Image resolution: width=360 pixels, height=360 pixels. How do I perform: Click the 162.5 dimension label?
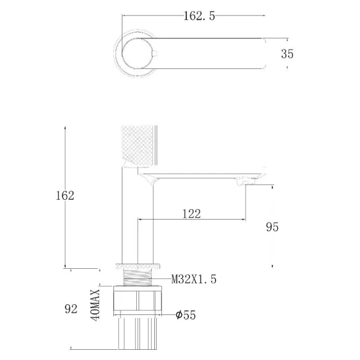tap(200, 16)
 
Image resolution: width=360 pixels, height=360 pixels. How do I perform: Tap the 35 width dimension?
tap(287, 54)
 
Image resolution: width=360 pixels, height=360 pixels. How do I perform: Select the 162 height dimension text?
tap(65, 196)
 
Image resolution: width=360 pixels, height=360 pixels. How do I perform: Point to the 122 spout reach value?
tap(191, 214)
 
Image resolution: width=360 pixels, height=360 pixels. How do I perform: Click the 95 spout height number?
tap(272, 227)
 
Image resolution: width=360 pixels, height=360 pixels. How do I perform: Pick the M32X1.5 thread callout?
tap(194, 280)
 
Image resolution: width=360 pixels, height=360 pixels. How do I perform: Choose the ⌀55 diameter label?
tap(186, 315)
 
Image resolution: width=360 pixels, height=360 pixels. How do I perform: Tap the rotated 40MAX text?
tap(95, 305)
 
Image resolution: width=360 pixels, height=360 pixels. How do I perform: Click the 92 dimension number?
tap(71, 309)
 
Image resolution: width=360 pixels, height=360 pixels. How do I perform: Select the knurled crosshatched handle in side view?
tap(137, 145)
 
